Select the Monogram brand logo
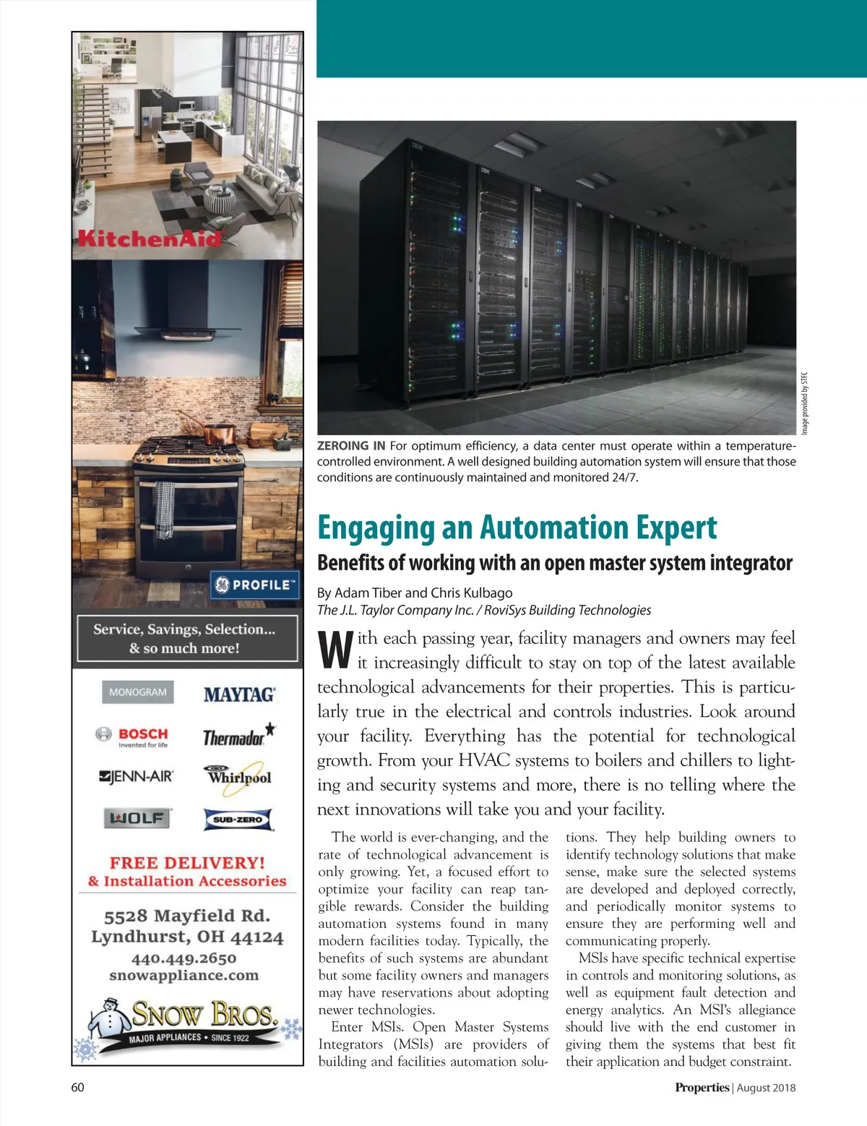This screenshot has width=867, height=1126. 137,692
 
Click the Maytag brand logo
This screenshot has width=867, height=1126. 239,695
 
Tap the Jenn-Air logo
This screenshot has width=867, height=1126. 136,777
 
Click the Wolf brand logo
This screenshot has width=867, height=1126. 137,818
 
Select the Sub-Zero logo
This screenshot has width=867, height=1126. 238,820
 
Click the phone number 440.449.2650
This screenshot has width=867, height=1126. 184,958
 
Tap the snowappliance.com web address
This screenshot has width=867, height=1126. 184,976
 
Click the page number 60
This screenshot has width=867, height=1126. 77,1087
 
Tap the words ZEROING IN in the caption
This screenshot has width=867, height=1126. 351,446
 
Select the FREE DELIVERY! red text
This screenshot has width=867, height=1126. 187,862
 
